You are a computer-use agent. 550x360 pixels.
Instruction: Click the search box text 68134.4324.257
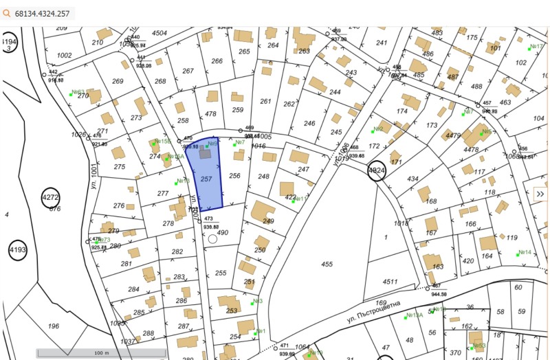coord(42,13)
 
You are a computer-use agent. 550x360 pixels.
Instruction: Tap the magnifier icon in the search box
coord(8,13)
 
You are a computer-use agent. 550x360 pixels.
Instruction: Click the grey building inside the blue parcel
coord(205,155)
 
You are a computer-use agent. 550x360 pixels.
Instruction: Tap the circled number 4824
coord(377,170)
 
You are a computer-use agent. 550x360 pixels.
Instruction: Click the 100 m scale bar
coord(101,353)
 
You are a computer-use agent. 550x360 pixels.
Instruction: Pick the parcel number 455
coord(327,264)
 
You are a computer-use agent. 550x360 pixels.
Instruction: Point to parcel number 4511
coord(390,281)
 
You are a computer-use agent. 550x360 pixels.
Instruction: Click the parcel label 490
coord(222,233)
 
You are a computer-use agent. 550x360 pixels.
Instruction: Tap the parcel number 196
coord(53,326)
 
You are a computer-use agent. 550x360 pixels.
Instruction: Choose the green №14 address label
coord(525,252)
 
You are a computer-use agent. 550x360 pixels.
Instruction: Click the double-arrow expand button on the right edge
coord(540,194)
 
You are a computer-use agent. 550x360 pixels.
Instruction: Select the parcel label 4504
coord(159,33)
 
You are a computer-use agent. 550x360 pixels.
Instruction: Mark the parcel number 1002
coord(65,56)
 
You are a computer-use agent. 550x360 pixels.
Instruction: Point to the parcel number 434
coord(412,179)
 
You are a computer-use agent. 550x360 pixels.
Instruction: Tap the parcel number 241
coord(382,43)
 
